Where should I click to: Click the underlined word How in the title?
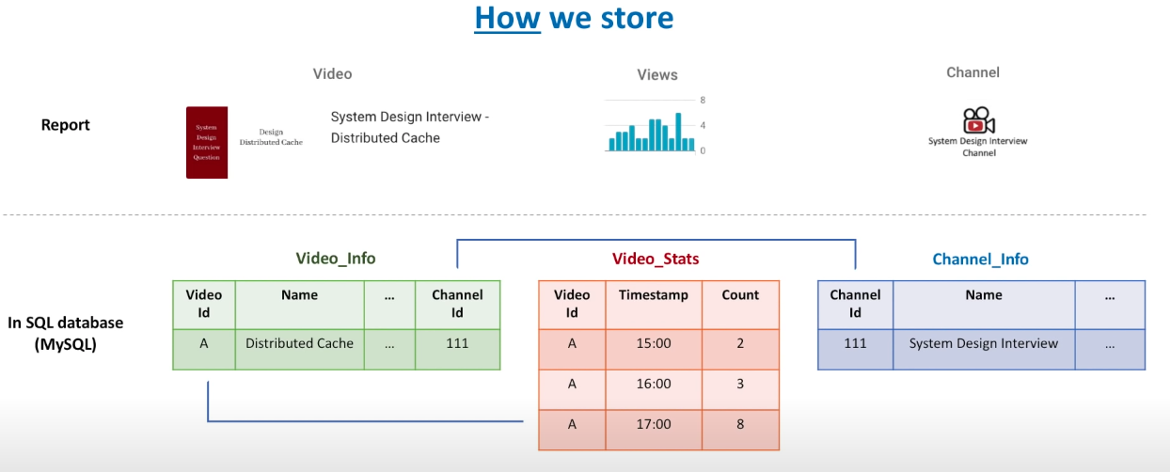coord(508,18)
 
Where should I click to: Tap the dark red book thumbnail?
coord(207,142)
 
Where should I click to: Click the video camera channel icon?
coord(978,120)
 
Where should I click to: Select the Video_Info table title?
coord(336,259)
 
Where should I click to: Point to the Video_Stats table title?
coord(656,259)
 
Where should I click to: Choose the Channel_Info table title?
coord(980,259)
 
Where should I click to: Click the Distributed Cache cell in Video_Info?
coord(299,343)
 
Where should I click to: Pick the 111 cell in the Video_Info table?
coord(457,343)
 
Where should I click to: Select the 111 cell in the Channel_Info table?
coord(855,343)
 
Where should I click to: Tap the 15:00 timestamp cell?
coord(654,343)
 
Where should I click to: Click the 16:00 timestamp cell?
coord(654,384)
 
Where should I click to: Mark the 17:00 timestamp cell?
coord(654,424)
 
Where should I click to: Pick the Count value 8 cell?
coord(740,424)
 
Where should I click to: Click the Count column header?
coord(740,294)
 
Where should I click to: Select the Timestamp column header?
coord(654,294)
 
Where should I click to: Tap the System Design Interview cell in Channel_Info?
coord(983,343)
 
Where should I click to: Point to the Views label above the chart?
coord(656,74)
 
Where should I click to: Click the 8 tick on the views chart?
coord(703,100)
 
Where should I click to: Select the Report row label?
coord(66,125)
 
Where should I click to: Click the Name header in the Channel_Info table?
coord(983,294)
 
